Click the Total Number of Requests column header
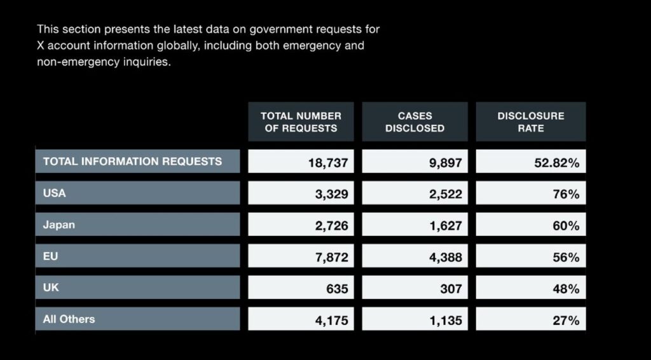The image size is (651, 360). click(301, 121)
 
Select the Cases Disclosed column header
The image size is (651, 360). click(415, 121)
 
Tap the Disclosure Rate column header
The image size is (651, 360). click(530, 121)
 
